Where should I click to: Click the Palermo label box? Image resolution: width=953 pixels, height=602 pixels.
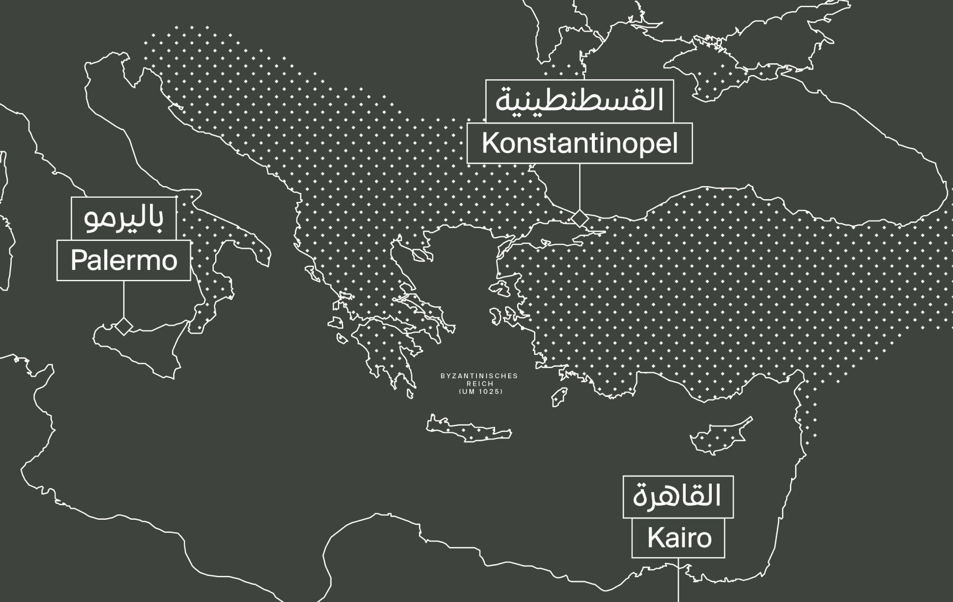(123, 260)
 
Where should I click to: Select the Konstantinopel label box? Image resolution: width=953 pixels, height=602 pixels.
(579, 143)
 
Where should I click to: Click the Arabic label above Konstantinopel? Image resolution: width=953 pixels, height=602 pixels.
(579, 101)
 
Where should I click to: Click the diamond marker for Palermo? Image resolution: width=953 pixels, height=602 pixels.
(123, 326)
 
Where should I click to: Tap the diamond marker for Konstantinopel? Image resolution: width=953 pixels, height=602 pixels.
(580, 218)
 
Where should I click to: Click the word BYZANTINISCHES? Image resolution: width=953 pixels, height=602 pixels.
(479, 376)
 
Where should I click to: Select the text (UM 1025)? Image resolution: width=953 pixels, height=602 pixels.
(480, 392)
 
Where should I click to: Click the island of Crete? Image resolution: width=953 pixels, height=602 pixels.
(469, 430)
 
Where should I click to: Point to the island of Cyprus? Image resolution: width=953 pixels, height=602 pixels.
(717, 436)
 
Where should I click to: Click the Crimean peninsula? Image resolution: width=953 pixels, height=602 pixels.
(712, 75)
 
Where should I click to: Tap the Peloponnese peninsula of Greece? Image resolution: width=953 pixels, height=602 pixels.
(386, 351)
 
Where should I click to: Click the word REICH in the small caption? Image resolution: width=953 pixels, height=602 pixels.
(480, 384)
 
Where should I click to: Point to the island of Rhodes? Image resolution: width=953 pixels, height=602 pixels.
(560, 397)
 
